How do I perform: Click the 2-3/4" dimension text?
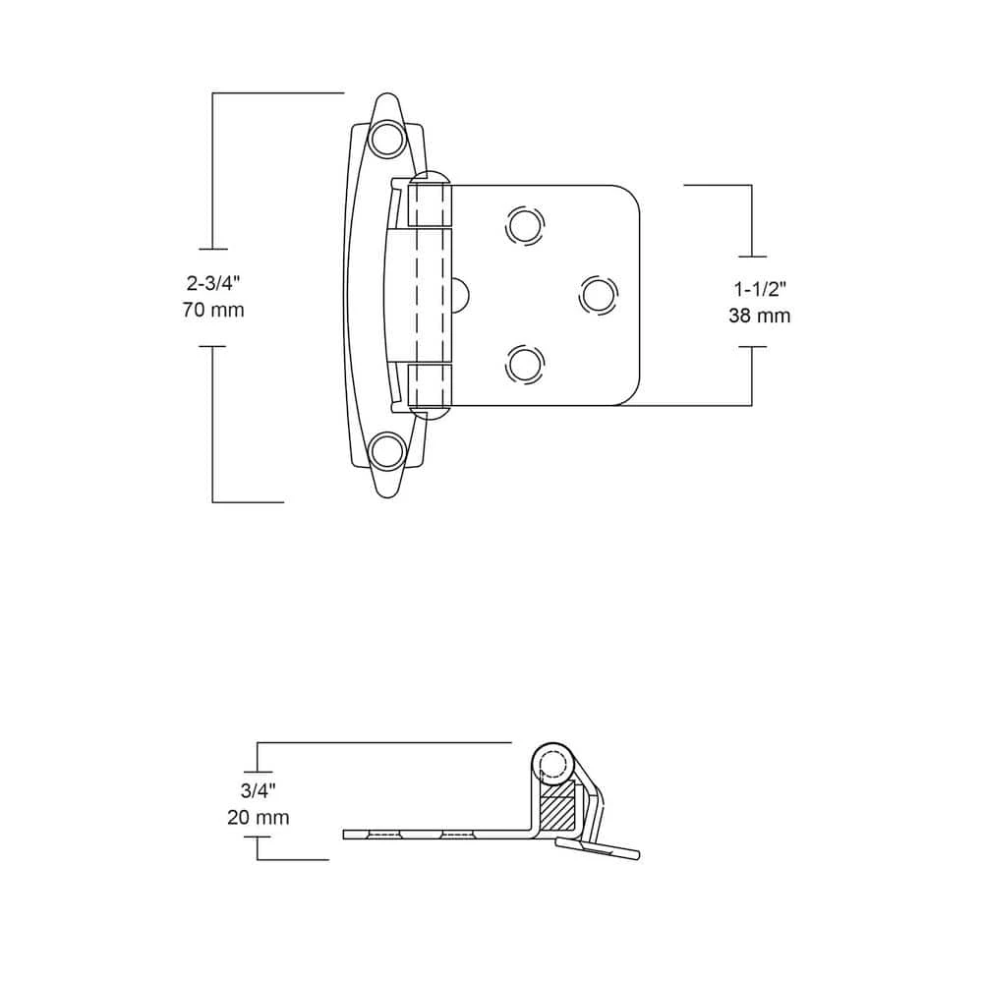click(213, 284)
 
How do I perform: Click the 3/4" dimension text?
click(257, 790)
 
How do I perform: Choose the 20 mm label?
click(257, 817)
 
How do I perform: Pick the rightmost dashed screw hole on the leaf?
click(597, 293)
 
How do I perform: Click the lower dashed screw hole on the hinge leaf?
click(524, 363)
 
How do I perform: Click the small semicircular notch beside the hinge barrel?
click(463, 294)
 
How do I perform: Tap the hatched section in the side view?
click(556, 812)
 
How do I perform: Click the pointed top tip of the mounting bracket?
click(386, 97)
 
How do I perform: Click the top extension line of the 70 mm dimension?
click(278, 92)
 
